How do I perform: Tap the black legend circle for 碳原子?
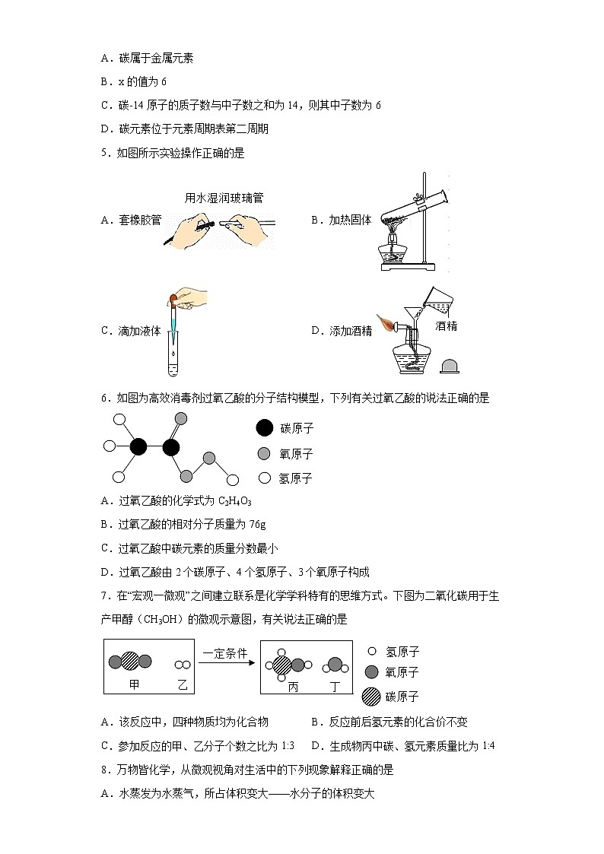pyautogui.click(x=264, y=428)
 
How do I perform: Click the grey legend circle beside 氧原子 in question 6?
pyautogui.click(x=264, y=454)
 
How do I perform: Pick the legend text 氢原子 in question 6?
pyautogui.click(x=297, y=478)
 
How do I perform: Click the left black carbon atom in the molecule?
pyautogui.click(x=138, y=446)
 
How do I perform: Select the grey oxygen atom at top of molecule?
pyautogui.click(x=180, y=418)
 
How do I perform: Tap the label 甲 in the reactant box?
pyautogui.click(x=135, y=684)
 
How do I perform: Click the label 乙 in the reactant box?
pyautogui.click(x=182, y=684)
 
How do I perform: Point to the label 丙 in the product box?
pyautogui.click(x=293, y=686)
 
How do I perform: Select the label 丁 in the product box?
pyautogui.click(x=335, y=686)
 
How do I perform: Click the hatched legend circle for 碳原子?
pyautogui.click(x=370, y=696)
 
